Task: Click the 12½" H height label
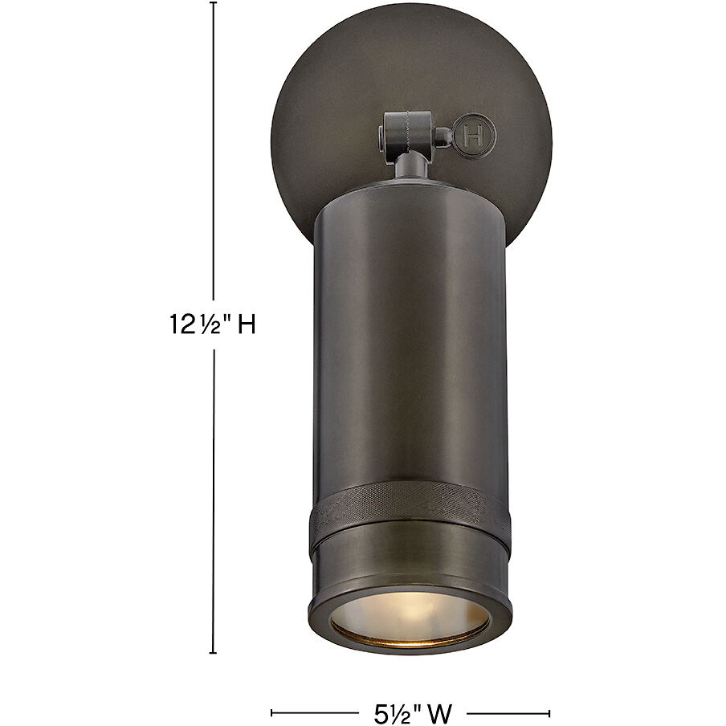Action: (x=212, y=324)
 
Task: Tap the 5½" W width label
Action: (x=410, y=712)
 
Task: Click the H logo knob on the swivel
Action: (x=475, y=134)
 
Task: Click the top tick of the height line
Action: (x=214, y=3)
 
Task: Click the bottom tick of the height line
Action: (x=214, y=652)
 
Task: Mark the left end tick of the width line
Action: (x=271, y=712)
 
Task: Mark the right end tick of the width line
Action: (x=550, y=712)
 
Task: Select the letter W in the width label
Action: (x=439, y=712)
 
